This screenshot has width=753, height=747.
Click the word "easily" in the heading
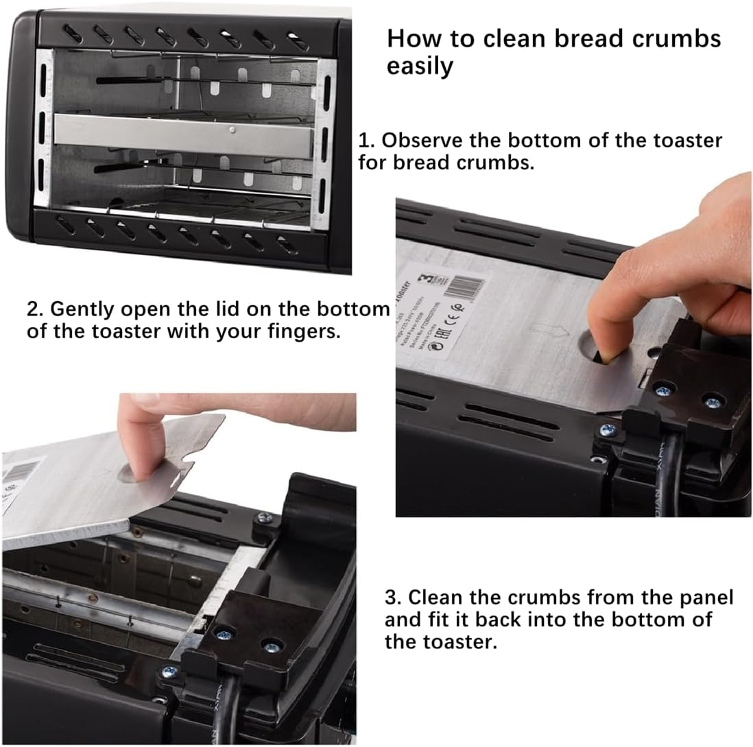click(x=420, y=67)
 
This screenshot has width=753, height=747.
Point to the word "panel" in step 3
click(x=704, y=597)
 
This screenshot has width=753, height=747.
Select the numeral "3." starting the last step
click(x=394, y=597)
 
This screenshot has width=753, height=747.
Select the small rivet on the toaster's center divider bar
click(x=234, y=129)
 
